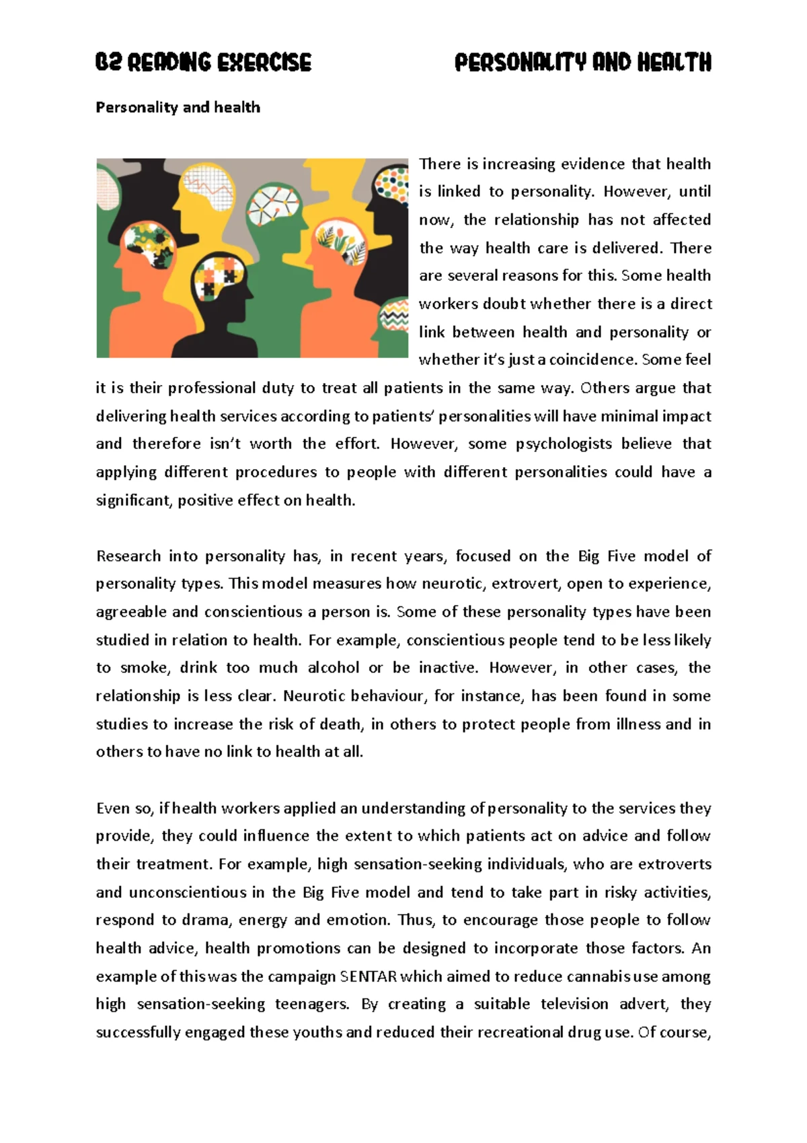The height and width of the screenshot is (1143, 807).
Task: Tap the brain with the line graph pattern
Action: click(x=210, y=189)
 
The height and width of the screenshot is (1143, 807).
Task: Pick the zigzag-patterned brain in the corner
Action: click(x=395, y=316)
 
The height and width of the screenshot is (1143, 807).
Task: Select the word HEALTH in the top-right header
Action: click(x=674, y=63)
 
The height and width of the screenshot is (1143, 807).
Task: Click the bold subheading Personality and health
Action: click(x=178, y=107)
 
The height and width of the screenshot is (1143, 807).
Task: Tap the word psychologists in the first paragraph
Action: click(x=564, y=444)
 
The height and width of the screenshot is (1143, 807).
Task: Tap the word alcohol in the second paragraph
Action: click(x=334, y=668)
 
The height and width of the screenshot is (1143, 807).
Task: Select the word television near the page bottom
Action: click(x=574, y=1004)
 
